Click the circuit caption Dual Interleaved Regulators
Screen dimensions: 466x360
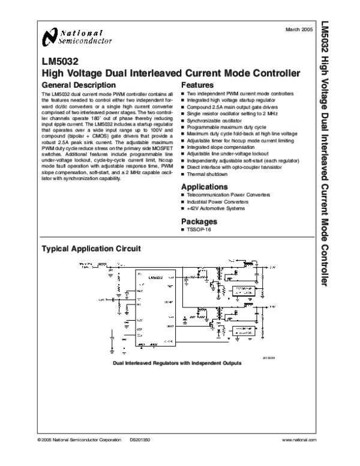click(x=177, y=363)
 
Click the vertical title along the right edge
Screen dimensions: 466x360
click(x=342, y=150)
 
